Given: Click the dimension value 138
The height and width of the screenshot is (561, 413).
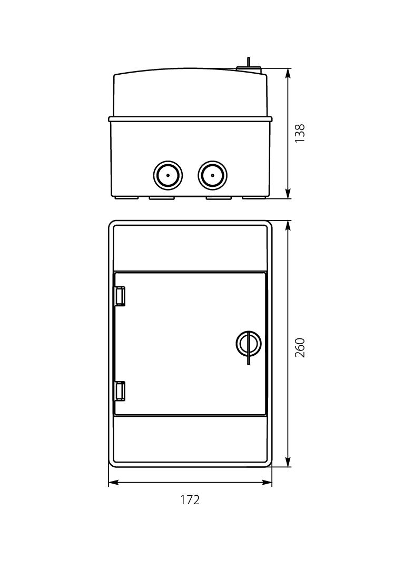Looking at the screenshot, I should click(300, 134).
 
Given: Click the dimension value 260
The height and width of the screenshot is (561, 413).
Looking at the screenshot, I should click(300, 348).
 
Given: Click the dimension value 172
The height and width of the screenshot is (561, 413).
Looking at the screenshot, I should click(190, 499).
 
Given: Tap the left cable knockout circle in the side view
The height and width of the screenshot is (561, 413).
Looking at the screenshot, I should click(168, 175).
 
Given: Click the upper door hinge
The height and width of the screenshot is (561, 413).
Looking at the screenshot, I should click(120, 296).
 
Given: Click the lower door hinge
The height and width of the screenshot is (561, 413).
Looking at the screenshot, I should click(120, 390).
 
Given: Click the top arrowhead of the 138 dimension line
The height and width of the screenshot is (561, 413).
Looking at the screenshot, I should click(288, 73).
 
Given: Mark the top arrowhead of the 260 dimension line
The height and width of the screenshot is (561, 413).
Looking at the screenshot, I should click(288, 225).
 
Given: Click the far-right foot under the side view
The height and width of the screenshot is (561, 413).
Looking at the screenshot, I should click(254, 198).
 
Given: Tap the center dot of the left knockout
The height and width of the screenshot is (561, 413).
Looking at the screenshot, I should click(168, 175).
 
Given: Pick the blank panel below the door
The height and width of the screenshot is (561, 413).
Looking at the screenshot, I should click(190, 439).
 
